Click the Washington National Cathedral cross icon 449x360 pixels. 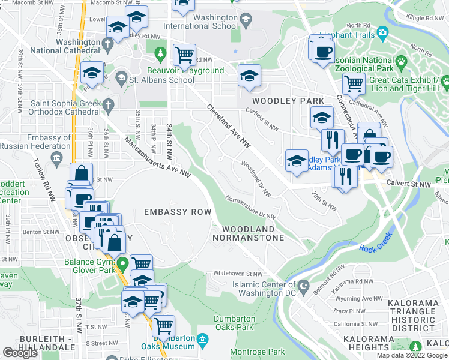107,44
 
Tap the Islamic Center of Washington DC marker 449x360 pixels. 304,285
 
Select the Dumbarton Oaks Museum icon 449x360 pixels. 202,341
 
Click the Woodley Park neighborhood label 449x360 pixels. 288,101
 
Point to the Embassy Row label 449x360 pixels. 178,212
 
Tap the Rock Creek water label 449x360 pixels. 375,247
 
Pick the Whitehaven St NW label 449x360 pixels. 238,274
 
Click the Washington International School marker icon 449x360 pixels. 245,20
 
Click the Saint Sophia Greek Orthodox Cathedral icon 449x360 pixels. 108,106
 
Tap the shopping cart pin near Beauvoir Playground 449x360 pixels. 184,55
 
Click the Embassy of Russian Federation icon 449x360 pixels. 57,159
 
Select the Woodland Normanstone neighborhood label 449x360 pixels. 249,233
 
